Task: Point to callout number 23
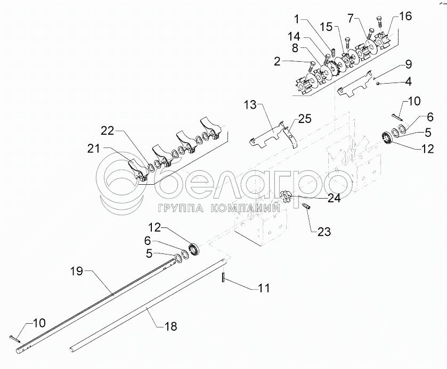[323, 232]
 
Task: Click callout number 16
[405, 17]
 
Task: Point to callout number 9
[408, 64]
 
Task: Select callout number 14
[294, 37]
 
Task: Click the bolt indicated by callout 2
[313, 67]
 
